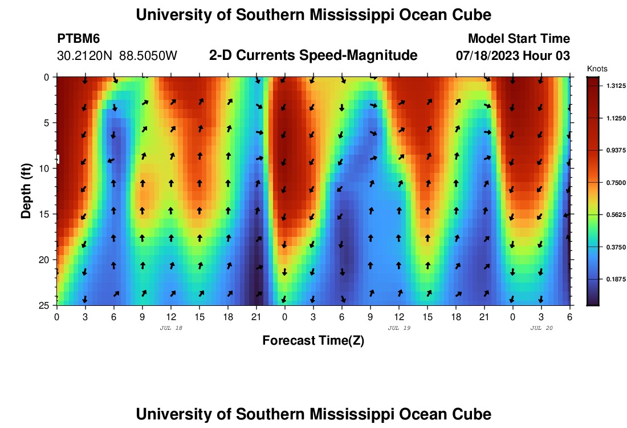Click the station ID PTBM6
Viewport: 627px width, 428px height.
click(79, 39)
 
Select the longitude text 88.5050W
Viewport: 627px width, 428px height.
click(148, 56)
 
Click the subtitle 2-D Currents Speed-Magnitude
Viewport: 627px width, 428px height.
click(313, 55)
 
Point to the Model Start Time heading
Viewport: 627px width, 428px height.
click(519, 39)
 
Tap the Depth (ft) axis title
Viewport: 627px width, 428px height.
click(26, 190)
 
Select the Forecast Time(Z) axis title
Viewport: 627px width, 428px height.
click(313, 341)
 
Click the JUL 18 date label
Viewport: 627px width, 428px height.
click(170, 328)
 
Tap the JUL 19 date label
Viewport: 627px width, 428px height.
click(399, 328)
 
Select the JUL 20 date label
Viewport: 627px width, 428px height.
click(541, 328)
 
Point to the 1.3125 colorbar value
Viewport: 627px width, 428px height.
click(613, 86)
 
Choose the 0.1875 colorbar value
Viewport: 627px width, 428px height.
click(613, 279)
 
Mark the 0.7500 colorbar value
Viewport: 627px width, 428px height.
click(613, 183)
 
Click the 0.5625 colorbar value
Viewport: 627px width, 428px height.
click(613, 215)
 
